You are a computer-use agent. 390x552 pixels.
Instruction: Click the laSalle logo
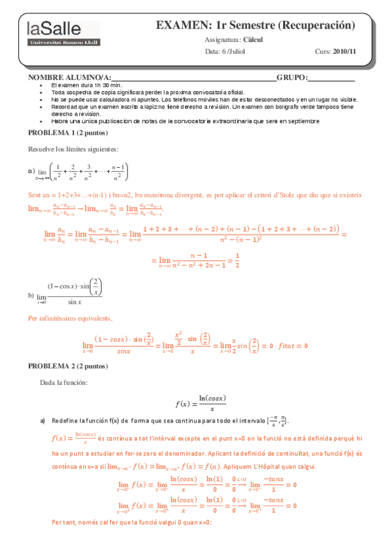(64, 33)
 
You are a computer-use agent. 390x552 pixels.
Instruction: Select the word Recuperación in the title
(315, 25)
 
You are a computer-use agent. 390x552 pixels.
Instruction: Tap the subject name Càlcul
(262, 40)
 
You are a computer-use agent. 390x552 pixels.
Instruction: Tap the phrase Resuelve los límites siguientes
(73, 149)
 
